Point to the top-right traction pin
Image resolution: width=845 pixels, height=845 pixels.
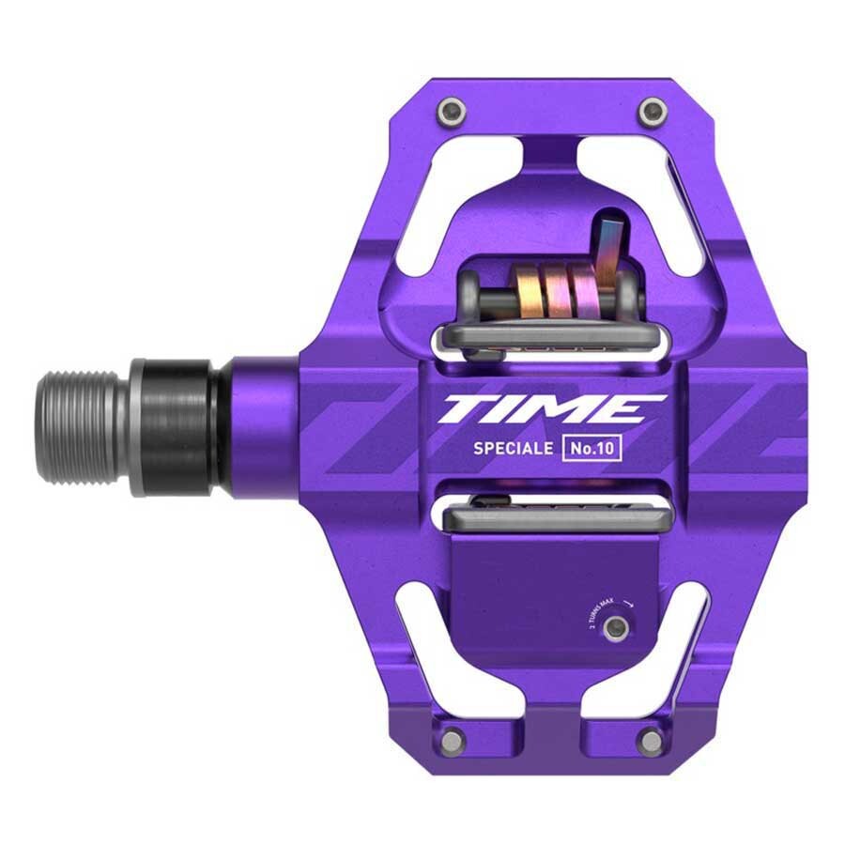click(648, 113)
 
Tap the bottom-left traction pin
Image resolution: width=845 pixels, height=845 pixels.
click(452, 739)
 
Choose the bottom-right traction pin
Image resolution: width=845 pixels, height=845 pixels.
click(649, 741)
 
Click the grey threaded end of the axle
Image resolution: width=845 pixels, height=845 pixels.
click(83, 427)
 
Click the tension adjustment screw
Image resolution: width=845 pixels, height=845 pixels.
click(615, 628)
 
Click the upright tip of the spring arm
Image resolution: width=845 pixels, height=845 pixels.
click(605, 240)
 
